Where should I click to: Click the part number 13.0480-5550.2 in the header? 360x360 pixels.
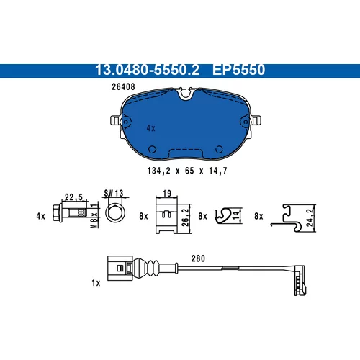pos(147,70)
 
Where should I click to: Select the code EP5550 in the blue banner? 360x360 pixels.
pos(238,70)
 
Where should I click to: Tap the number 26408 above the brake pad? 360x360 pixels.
pos(123,86)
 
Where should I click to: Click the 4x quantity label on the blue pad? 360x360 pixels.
pos(151,128)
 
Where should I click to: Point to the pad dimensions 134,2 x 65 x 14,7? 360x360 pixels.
pos(187,171)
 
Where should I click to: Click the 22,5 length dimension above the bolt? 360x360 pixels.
pos(73,197)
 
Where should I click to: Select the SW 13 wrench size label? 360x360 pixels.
pos(114,193)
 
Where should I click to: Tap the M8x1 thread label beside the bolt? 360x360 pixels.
pos(95,215)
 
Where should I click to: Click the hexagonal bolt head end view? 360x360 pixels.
pos(116,213)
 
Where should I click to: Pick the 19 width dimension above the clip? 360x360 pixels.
pos(167,193)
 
